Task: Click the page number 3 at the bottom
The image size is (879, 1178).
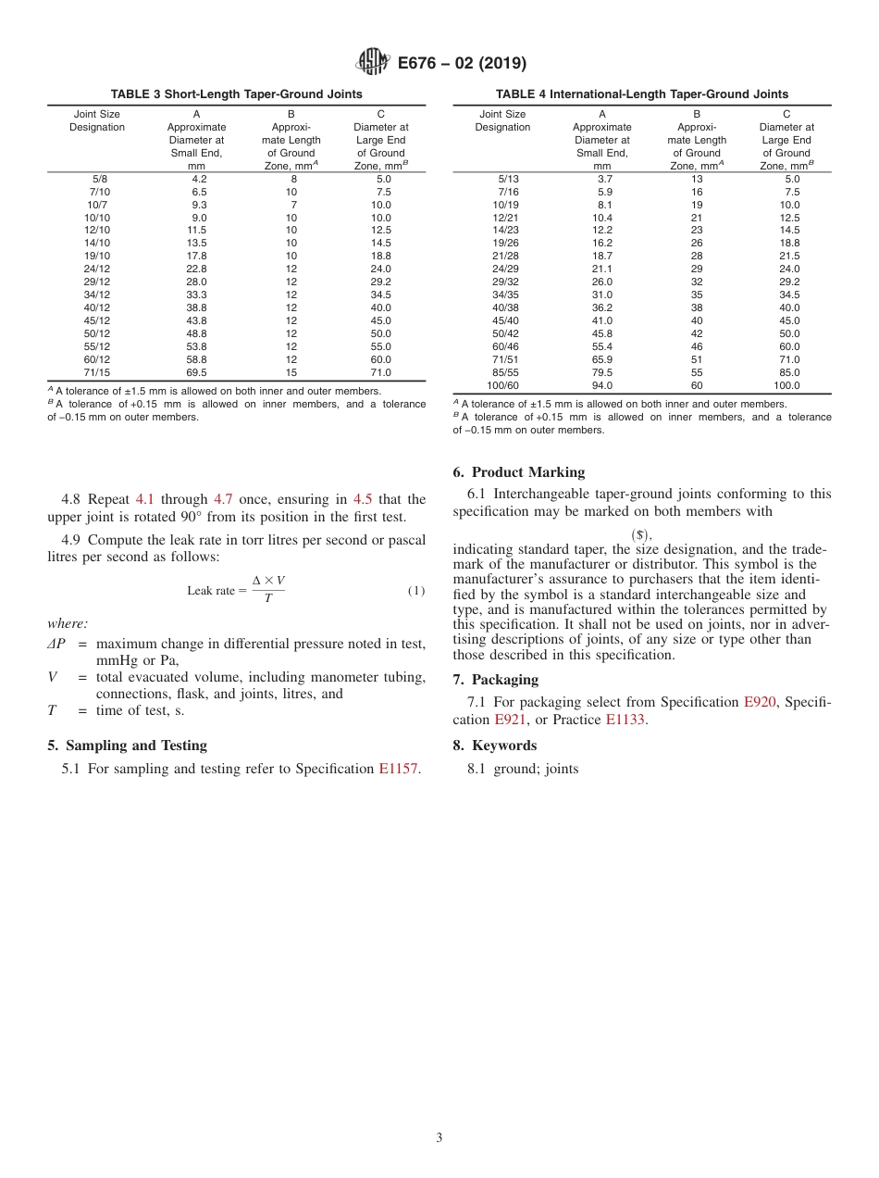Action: pos(439,1138)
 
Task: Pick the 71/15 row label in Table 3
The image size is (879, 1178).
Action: pos(97,373)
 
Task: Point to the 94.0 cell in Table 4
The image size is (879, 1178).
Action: pos(601,386)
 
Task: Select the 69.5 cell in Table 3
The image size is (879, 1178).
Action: pos(198,373)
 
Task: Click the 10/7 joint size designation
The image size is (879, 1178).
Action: pos(97,205)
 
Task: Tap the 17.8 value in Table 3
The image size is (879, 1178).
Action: pos(198,257)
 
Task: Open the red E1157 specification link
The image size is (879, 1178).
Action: pos(399,769)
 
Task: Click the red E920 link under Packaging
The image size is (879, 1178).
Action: pos(759,702)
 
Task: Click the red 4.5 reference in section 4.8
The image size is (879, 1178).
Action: pos(363,499)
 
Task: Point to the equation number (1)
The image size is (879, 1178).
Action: pos(416,591)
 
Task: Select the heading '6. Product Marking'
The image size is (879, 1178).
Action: pos(519,472)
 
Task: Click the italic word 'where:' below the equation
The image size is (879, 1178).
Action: pos(67,624)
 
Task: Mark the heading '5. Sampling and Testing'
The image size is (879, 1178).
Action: pos(127,746)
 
